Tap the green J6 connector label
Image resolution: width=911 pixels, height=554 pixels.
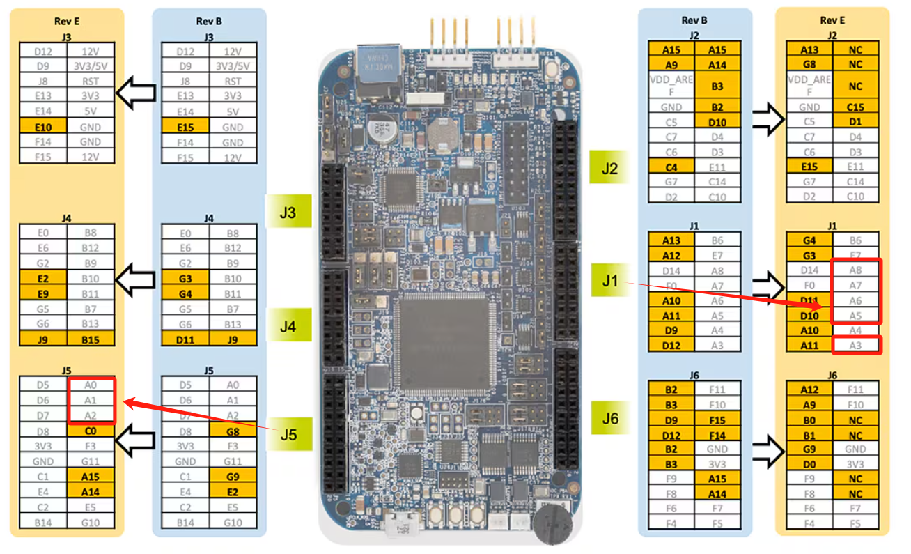[x=610, y=418]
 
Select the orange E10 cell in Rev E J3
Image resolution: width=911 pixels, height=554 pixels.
[x=42, y=127]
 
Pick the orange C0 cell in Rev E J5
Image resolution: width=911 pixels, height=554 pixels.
[x=91, y=431]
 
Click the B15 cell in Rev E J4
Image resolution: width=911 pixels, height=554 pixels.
[x=91, y=339]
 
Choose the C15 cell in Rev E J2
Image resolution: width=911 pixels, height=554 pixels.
[x=855, y=107]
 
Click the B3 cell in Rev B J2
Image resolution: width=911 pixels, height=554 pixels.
[x=717, y=86]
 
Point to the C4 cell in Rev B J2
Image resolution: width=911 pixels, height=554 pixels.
[x=671, y=167]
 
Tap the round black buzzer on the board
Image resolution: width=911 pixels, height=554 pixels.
[x=552, y=523]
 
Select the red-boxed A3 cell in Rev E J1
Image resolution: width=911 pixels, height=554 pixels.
[x=857, y=345]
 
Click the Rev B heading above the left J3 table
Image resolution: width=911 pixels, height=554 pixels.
[x=209, y=21]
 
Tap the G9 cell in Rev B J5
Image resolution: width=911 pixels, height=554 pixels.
[x=233, y=477]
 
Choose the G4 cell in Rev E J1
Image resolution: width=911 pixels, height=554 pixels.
[x=809, y=240]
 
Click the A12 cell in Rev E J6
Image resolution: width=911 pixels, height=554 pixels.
[x=809, y=390]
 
